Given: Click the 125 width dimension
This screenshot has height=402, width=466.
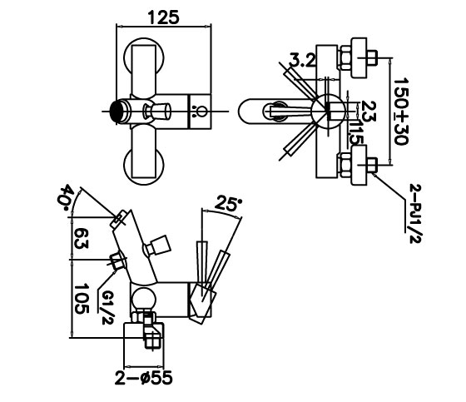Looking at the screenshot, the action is [x=164, y=17].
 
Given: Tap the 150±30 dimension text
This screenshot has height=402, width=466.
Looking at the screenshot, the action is [x=401, y=112].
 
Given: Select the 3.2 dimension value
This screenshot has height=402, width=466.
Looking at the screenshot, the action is [x=303, y=61].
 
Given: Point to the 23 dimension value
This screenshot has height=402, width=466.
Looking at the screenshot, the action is [x=369, y=112].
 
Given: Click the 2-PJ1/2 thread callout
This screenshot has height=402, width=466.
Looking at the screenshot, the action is [x=415, y=214].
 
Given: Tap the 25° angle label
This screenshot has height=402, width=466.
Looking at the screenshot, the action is [x=228, y=203].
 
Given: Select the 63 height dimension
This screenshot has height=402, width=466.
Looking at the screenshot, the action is [x=81, y=239].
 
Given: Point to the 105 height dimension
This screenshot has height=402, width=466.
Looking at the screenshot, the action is [x=82, y=299].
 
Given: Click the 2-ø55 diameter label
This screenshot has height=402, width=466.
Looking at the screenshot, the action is [x=143, y=378].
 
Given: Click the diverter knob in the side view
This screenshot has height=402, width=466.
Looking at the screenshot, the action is [x=157, y=246].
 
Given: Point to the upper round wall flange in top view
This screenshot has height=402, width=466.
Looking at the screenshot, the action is [x=143, y=57].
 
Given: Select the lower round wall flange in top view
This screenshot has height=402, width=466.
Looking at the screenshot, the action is [x=143, y=166].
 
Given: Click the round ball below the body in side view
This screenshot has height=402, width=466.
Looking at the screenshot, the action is [x=143, y=300].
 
